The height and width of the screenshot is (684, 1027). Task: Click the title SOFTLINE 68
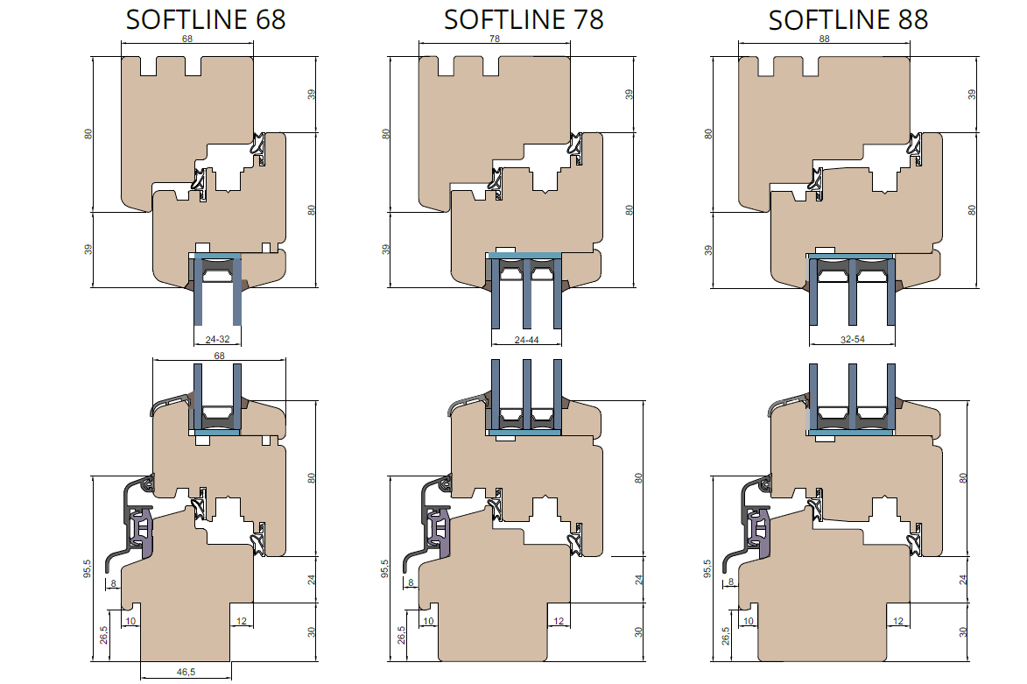click(x=206, y=19)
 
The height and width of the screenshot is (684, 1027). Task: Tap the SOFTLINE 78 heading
click(x=524, y=19)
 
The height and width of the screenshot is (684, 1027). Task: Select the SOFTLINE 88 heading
click(x=848, y=20)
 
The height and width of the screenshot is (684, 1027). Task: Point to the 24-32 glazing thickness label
click(x=217, y=340)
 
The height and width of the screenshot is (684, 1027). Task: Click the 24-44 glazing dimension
click(x=526, y=340)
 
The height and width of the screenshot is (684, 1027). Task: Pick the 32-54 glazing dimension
click(x=852, y=340)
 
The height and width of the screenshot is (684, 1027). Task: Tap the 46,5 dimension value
click(x=186, y=672)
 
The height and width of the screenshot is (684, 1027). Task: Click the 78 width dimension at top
click(x=495, y=39)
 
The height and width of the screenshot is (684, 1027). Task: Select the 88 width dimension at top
click(x=824, y=39)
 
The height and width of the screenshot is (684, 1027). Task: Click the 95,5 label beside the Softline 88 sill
click(x=707, y=568)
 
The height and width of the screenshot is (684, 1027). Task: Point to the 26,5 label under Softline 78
click(x=402, y=635)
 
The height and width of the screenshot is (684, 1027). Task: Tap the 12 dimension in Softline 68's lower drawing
click(x=242, y=621)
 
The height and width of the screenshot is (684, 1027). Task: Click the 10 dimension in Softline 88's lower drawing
click(x=749, y=621)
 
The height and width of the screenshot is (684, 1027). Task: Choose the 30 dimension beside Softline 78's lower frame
click(x=638, y=632)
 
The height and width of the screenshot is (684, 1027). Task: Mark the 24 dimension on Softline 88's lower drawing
click(x=963, y=580)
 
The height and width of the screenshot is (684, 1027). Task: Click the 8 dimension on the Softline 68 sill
click(x=113, y=583)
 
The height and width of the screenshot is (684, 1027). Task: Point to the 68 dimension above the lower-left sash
click(x=220, y=356)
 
